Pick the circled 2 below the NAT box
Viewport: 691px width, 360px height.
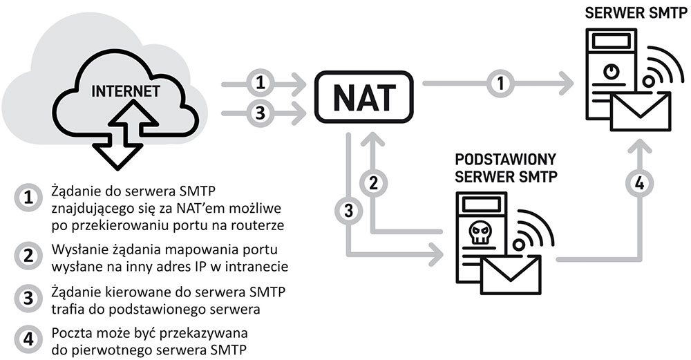click(373, 183)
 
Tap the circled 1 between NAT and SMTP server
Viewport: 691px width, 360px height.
click(499, 84)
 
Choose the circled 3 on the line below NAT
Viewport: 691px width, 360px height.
click(348, 209)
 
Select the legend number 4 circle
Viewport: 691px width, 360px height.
click(28, 340)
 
